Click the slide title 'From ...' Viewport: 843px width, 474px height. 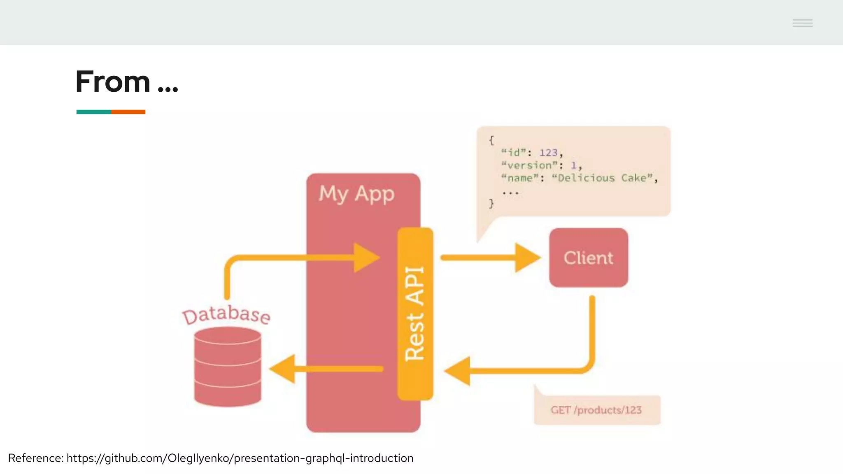pos(126,81)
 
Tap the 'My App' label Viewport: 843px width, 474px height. pos(356,193)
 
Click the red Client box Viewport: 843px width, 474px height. pos(588,258)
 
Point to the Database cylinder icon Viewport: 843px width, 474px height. pos(228,366)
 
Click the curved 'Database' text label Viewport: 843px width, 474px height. pos(226,314)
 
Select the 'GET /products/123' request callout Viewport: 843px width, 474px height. pos(596,410)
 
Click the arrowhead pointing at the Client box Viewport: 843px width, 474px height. pos(527,258)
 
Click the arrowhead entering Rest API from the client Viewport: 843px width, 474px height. pos(458,371)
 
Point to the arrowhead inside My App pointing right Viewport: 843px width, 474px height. pos(366,258)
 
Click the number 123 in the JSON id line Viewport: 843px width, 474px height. pos(548,153)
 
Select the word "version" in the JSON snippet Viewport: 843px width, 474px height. pos(529,165)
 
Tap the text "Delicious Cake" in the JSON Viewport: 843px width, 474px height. pos(603,178)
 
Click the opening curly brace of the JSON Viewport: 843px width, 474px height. pos(491,140)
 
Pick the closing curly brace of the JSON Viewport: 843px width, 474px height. pos(491,203)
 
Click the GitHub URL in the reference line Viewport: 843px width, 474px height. pos(240,458)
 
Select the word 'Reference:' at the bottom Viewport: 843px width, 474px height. pos(36,458)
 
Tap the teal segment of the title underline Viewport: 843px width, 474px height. pos(93,112)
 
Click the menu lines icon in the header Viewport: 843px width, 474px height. pos(802,23)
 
